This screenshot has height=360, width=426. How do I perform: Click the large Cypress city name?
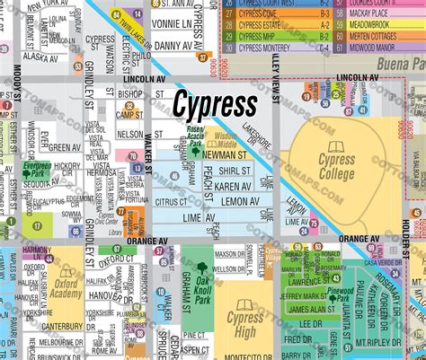pyautogui.click(x=215, y=106)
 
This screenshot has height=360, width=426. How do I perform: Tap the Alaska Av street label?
pyautogui.click(x=41, y=55)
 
